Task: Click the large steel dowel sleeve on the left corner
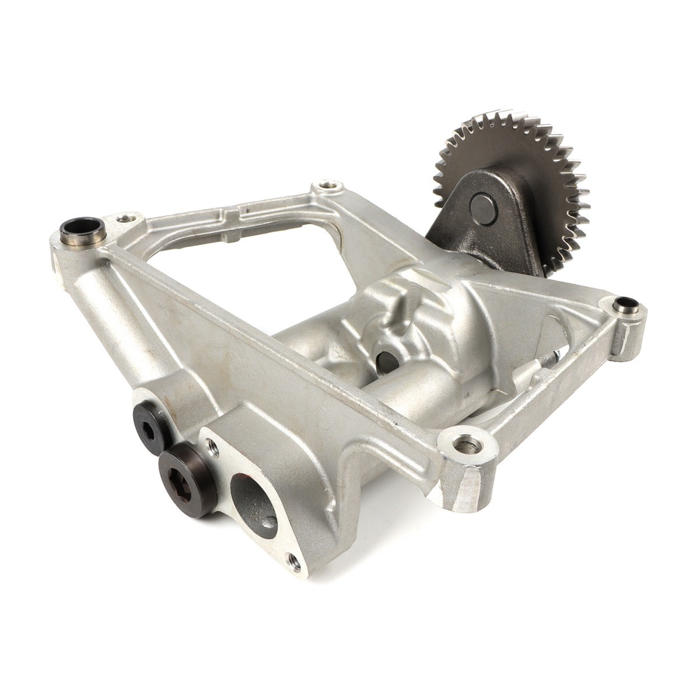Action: tap(83, 229)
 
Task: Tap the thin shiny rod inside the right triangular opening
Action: tap(548, 365)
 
